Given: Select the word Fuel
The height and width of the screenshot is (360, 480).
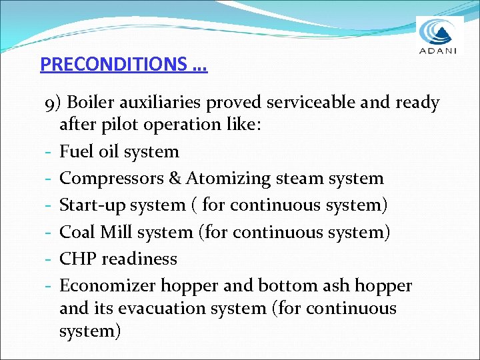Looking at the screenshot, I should coord(75,151).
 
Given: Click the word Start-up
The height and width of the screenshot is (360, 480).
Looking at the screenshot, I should coord(89,205).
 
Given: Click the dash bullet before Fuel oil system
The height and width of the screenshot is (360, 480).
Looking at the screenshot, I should coord(50,152).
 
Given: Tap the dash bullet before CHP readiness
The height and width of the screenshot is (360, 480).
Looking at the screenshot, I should coord(50,259).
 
